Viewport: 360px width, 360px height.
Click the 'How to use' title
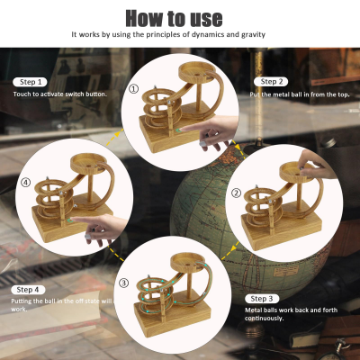[180, 18]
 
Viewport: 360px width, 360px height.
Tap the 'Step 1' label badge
[30, 82]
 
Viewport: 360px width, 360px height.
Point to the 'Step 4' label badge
[28, 289]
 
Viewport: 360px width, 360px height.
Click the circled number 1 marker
[134, 89]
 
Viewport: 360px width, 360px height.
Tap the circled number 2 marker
[237, 193]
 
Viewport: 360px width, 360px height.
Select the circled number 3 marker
[125, 282]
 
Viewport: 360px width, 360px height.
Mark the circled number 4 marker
[26, 182]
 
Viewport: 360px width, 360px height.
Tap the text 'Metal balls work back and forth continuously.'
[288, 312]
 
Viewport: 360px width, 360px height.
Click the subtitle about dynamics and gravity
[180, 35]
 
